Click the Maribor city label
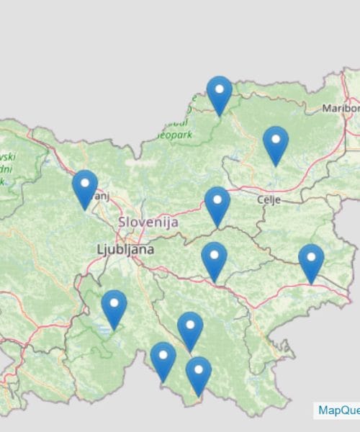click(x=340, y=109)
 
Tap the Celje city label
click(x=269, y=199)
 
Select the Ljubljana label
click(x=125, y=249)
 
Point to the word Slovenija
click(x=148, y=222)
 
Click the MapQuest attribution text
click(x=338, y=410)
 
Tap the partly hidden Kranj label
click(x=103, y=194)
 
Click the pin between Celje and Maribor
click(x=276, y=144)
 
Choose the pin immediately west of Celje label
click(x=217, y=204)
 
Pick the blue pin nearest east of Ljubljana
click(x=214, y=260)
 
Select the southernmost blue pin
click(x=198, y=374)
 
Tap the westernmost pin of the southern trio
click(x=163, y=360)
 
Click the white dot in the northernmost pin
click(x=219, y=89)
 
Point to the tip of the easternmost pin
click(x=311, y=283)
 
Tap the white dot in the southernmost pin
click(x=198, y=369)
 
